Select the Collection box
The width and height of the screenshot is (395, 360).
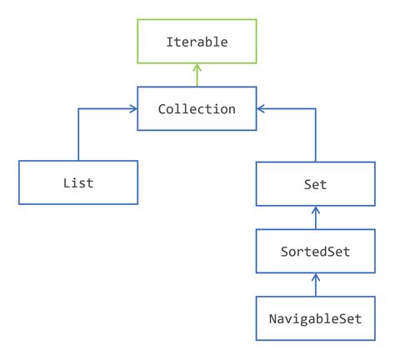point(197,108)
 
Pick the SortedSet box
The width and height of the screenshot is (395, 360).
point(315,250)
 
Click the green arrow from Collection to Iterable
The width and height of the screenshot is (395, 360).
point(197,77)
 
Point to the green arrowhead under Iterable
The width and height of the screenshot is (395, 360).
point(197,71)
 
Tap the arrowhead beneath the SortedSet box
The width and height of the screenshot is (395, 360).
point(315,275)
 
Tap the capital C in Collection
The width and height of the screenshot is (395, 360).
point(161,108)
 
